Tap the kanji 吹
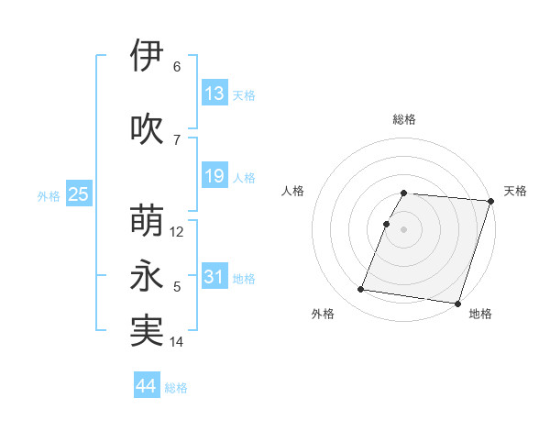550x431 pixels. click(147, 128)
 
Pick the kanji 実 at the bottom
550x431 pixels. click(147, 332)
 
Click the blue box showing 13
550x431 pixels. click(214, 94)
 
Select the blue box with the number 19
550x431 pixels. click(214, 176)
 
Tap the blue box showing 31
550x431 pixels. click(214, 277)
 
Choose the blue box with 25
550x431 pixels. click(78, 194)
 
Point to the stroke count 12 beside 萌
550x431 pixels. click(177, 232)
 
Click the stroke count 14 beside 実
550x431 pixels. click(177, 342)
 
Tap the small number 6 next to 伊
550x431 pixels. click(177, 66)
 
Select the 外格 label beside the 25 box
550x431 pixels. click(49, 195)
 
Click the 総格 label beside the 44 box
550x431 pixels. click(176, 387)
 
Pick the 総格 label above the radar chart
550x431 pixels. click(404, 119)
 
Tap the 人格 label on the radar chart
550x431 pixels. click(293, 191)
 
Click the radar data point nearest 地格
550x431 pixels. click(457, 304)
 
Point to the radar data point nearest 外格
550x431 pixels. click(361, 290)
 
